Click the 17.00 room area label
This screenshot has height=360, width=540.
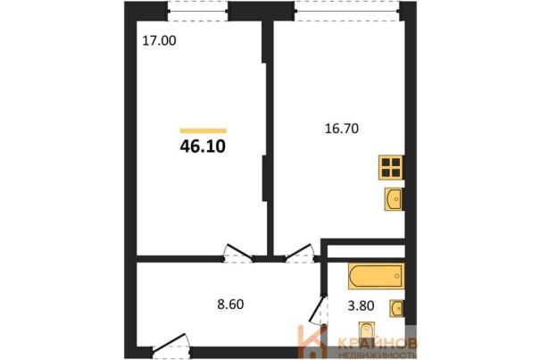point(159,41)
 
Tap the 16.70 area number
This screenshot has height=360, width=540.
point(342,129)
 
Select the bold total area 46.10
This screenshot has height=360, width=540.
point(203,147)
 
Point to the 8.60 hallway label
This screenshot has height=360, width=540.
point(230,305)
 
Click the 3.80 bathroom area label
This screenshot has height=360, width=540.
point(361,306)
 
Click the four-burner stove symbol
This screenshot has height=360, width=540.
point(391,168)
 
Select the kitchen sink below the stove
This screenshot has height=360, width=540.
point(394,199)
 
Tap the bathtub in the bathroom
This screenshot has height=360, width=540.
point(376,276)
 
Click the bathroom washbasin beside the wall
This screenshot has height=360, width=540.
point(396,308)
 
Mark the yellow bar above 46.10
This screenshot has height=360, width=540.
point(203,130)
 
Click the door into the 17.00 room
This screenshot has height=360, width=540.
point(238,254)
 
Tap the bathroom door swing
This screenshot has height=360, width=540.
point(319,310)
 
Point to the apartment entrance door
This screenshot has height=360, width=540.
point(171,345)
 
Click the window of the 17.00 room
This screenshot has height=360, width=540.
point(198,11)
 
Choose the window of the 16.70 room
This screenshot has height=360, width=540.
point(347,11)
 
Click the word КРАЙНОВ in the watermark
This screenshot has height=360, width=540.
point(378,343)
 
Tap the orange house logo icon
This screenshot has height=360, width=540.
point(312,342)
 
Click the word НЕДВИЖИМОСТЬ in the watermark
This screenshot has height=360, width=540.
point(378,355)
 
